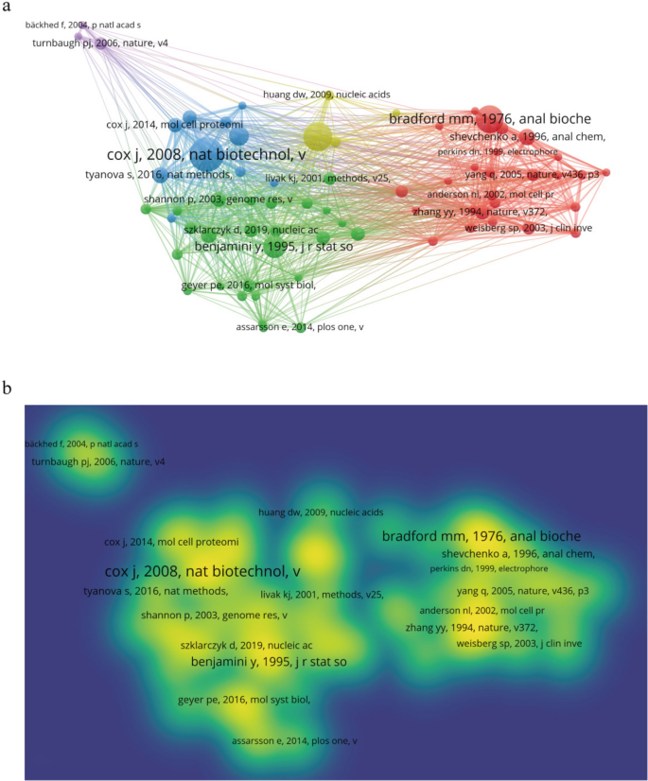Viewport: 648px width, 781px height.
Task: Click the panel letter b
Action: tap(8, 388)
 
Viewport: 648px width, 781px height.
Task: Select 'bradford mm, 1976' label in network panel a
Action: tap(490, 119)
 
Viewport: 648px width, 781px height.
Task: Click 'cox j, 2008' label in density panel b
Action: tap(203, 572)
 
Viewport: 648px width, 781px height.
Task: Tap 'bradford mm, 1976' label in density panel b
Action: tap(482, 536)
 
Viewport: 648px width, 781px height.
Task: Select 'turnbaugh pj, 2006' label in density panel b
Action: tap(98, 461)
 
